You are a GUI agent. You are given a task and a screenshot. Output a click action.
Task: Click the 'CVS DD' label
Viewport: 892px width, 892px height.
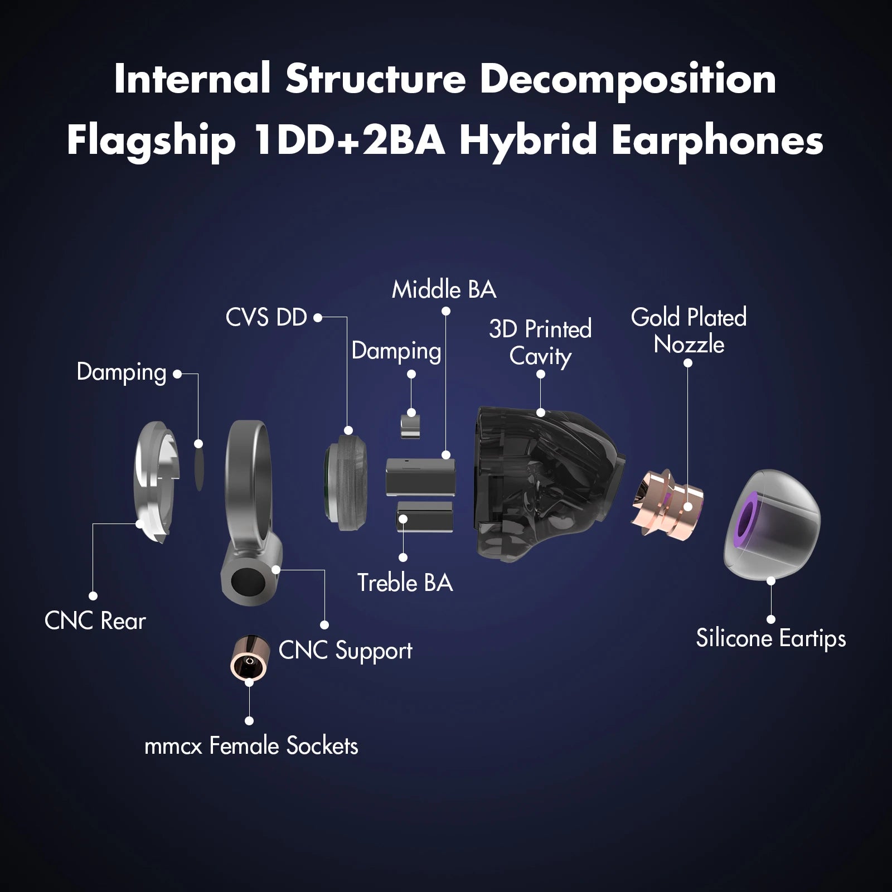pos(266,318)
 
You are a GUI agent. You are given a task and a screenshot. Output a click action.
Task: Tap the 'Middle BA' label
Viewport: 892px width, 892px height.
pos(444,289)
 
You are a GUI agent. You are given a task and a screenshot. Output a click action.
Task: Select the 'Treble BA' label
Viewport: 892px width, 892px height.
pos(405,583)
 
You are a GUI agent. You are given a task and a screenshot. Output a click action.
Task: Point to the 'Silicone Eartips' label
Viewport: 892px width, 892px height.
pos(770,638)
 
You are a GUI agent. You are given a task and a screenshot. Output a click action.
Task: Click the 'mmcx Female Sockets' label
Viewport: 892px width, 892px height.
pos(251,746)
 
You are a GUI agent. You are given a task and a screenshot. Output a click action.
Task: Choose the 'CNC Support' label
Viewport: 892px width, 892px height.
pos(345,651)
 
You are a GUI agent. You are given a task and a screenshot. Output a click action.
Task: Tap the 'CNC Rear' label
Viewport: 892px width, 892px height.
pos(95,621)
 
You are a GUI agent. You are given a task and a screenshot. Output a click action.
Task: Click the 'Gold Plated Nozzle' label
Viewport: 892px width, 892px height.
pos(689,331)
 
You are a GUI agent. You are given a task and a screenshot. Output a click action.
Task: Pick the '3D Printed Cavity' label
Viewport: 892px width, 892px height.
pos(540,342)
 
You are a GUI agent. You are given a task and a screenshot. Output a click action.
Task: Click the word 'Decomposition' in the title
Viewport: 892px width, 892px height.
pos(628,80)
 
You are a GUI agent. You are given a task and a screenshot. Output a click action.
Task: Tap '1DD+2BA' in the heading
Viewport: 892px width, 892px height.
pos(349,140)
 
